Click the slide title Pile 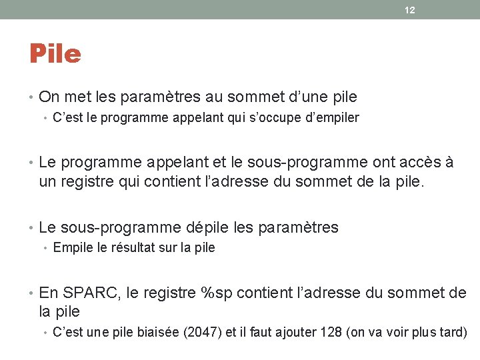click(x=55, y=54)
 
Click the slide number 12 click(x=409, y=10)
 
